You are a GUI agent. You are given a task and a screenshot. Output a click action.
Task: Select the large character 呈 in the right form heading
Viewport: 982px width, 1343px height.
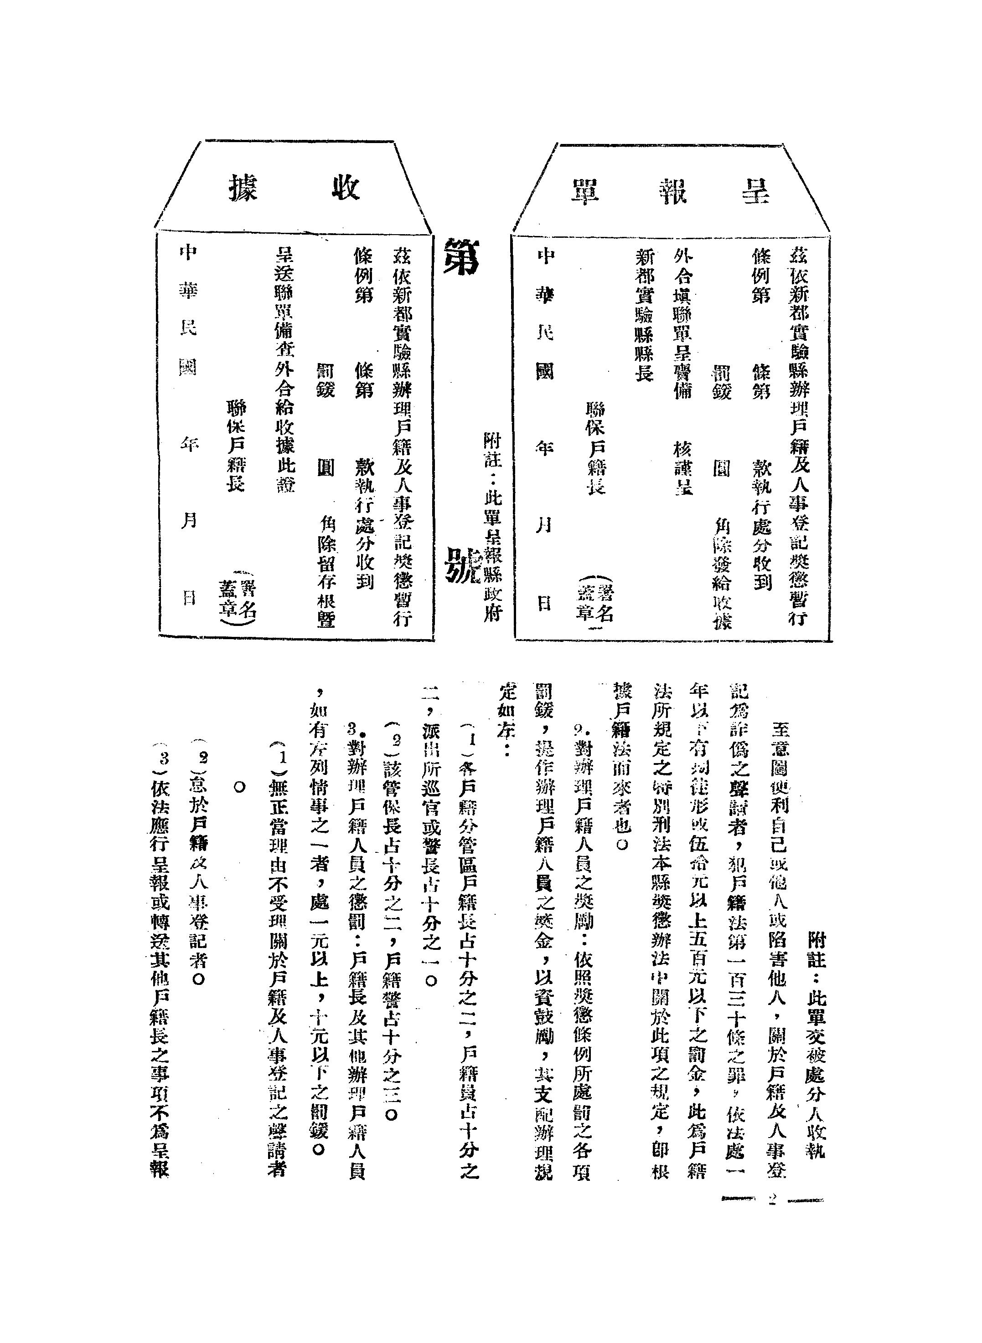[x=755, y=191]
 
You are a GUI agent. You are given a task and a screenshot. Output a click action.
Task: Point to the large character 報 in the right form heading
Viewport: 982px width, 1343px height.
[x=672, y=191]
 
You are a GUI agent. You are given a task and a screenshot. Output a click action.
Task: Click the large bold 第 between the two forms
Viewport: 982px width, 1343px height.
[x=461, y=256]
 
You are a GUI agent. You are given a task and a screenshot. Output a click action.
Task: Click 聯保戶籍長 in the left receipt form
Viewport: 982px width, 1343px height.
[x=236, y=446]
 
